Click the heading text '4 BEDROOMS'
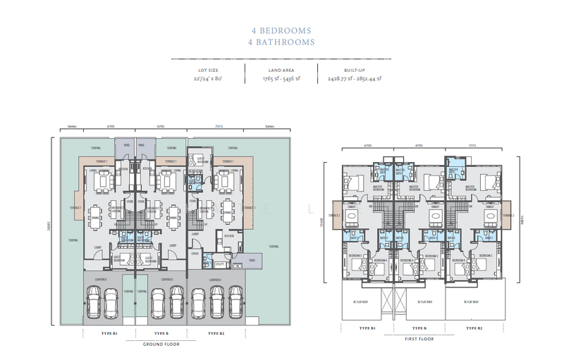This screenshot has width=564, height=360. click(282, 31)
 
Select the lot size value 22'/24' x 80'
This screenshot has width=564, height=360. click(208, 79)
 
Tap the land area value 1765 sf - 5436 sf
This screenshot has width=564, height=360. click(281, 79)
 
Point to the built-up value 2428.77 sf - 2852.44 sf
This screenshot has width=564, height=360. click(354, 79)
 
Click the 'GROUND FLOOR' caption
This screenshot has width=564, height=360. click(161, 345)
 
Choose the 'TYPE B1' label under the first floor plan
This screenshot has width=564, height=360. click(367, 328)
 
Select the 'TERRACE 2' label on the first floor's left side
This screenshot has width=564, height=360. click(333, 215)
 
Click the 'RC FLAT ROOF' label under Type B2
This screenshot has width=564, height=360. click(470, 302)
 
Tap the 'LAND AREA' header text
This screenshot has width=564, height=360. click(281, 70)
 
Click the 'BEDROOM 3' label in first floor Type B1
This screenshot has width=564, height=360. click(354, 255)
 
